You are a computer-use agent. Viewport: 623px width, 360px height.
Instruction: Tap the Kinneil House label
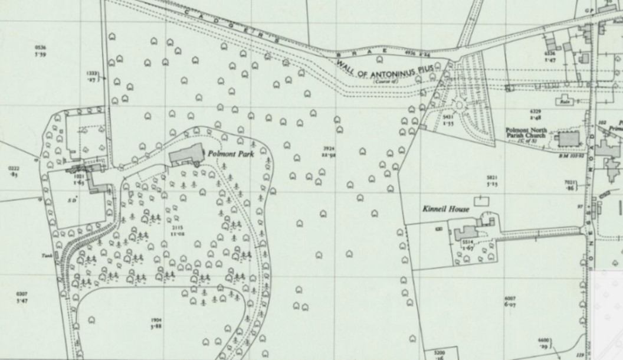[445, 210]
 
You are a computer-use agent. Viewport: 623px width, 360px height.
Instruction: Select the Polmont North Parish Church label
[525, 133]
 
